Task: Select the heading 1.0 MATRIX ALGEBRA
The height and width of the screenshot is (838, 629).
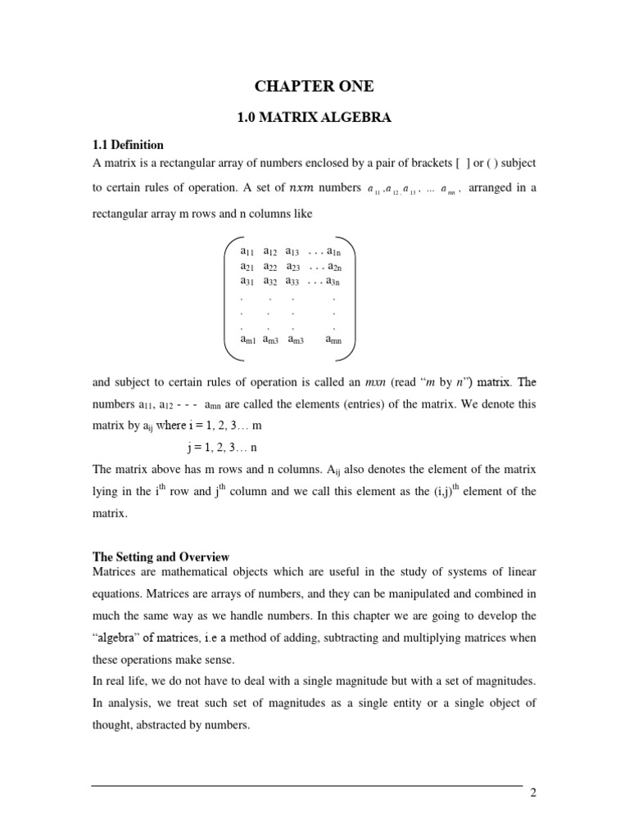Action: (x=314, y=119)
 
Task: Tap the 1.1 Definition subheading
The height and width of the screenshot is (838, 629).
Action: (x=129, y=146)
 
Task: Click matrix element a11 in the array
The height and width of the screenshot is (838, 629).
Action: (x=248, y=251)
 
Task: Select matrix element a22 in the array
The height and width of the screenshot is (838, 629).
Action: (x=271, y=267)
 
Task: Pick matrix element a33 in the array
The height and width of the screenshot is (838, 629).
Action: (x=294, y=282)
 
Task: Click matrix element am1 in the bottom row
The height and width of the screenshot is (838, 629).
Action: (x=249, y=340)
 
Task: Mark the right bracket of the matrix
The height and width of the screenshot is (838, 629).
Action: (x=351, y=295)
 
